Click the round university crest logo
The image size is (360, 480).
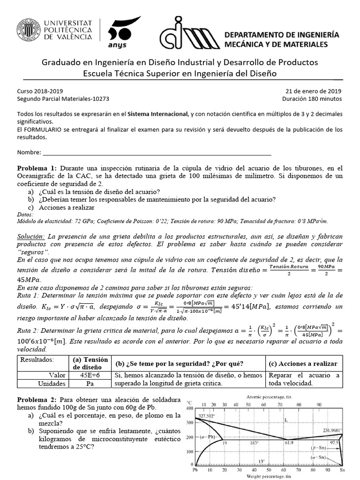pos(29,31)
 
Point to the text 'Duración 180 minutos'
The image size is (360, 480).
pos(312,99)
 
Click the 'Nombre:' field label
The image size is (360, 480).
pos(29,153)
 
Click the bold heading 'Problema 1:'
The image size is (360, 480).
pos(37,168)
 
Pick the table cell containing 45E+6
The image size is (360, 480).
pos(90,375)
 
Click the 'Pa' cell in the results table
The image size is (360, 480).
pos(90,383)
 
